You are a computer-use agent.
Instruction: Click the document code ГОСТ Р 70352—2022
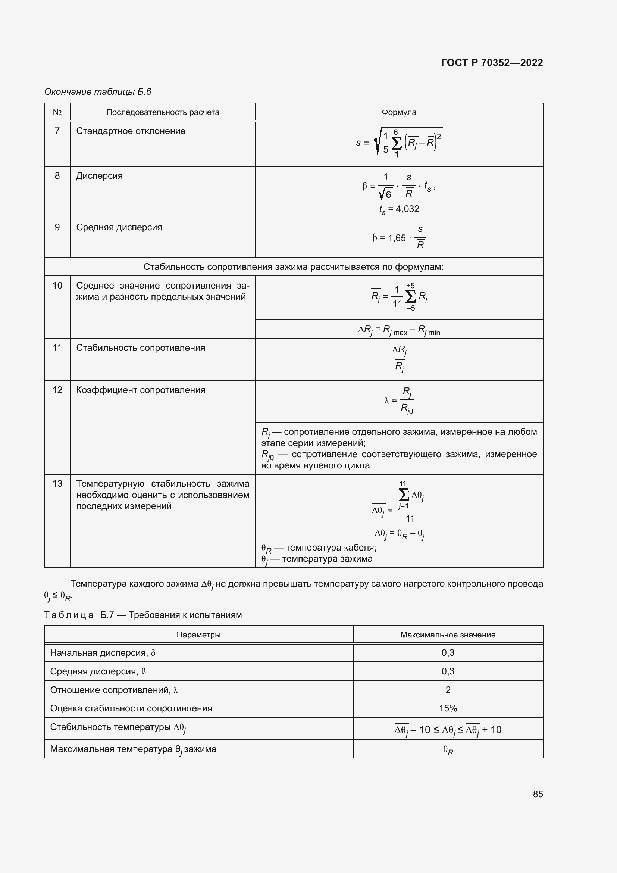point(492,63)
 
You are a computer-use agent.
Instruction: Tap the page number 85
point(538,794)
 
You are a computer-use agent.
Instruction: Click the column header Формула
point(398,112)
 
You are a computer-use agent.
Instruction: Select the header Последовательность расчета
point(163,112)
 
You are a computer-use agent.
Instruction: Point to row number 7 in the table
point(57,131)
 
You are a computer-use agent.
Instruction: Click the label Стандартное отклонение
point(131,131)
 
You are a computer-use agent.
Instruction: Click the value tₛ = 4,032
point(399,209)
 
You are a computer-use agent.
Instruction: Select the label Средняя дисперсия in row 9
point(119,227)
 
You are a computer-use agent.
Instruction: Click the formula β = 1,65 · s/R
point(399,238)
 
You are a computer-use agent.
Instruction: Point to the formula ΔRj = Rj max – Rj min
point(399,330)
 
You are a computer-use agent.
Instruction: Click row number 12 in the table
point(57,390)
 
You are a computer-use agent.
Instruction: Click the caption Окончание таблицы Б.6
point(98,92)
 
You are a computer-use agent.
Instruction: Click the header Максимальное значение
point(448,635)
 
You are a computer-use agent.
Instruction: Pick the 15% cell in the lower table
point(448,708)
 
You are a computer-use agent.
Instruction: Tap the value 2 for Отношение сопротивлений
point(448,690)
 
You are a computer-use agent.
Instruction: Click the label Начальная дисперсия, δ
point(103,653)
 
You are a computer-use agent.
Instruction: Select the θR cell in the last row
point(448,750)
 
